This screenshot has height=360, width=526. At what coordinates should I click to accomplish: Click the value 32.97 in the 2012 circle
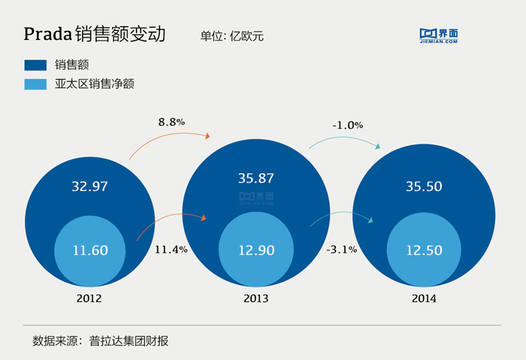coord(89,187)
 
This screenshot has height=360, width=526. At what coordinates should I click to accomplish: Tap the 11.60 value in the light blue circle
coord(90,250)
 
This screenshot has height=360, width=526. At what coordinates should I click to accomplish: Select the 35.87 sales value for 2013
coord(255,179)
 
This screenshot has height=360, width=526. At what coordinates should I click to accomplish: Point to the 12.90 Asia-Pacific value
coord(255,250)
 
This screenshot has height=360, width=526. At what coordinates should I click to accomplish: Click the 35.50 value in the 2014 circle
coord(423,187)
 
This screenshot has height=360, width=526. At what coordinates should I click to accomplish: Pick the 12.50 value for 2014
coord(424,250)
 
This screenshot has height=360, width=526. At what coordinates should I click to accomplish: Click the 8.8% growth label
coord(171,121)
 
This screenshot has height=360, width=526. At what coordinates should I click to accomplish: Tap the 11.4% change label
coord(171,249)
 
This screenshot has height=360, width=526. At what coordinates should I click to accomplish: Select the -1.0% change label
coord(347,125)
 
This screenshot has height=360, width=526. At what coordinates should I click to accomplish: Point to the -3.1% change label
coord(342,249)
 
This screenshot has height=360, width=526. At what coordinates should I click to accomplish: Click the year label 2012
coord(89,298)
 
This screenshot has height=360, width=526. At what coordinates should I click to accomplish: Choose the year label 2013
coord(255,298)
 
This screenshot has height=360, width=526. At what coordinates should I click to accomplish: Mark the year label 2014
coord(424,298)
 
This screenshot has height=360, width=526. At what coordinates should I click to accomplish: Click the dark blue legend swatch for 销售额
coord(35,65)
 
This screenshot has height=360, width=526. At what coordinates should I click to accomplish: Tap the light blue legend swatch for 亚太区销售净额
coord(35,84)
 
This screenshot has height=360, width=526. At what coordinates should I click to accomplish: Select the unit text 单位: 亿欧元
coord(232,35)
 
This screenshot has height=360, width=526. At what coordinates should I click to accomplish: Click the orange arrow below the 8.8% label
coord(170,140)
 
